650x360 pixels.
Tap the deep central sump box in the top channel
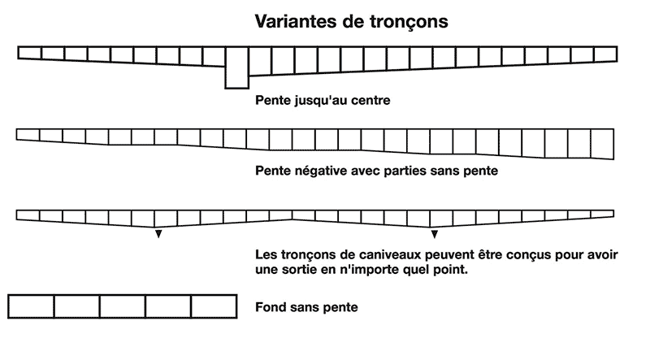pyautogui.click(x=237, y=67)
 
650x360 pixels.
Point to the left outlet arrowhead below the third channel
pyautogui.click(x=158, y=234)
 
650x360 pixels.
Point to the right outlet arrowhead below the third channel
pyautogui.click(x=435, y=234)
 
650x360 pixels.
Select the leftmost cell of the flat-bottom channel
pyautogui.click(x=31, y=306)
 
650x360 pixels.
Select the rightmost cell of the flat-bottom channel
pyautogui.click(x=214, y=306)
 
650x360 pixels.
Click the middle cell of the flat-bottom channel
pyautogui.click(x=123, y=306)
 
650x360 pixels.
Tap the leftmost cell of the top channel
pyautogui.click(x=29, y=53)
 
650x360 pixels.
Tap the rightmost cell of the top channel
pyautogui.click(x=606, y=54)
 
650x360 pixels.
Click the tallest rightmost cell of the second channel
pyautogui.click(x=602, y=144)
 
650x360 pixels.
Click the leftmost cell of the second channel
pyautogui.click(x=28, y=134)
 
